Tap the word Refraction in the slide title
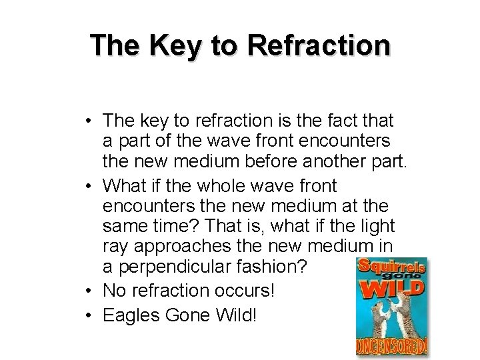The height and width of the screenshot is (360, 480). tap(318, 45)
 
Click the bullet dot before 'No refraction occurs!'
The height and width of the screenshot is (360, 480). tap(89, 291)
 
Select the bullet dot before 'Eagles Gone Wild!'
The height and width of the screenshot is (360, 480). tap(89, 315)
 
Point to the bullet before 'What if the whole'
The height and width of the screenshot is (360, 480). tap(89, 186)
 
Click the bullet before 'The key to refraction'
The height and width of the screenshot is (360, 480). tap(89, 121)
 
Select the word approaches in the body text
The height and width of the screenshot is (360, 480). tap(177, 247)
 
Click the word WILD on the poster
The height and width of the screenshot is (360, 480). tap(392, 287)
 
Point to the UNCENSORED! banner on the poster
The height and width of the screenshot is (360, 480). tap(392, 347)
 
